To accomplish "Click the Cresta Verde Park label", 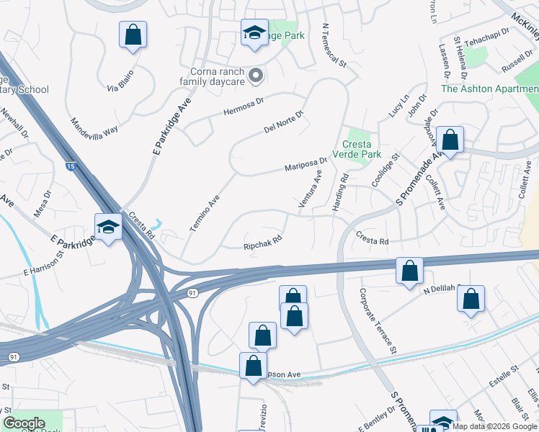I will [356, 149].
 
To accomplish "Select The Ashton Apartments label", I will [489, 89].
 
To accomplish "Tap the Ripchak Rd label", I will [262, 245].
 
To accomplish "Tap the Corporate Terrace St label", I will [379, 320].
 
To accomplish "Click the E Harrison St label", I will [44, 263].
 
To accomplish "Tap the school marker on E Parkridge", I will [109, 228].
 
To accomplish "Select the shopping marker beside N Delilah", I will [471, 300].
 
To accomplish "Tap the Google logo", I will [24, 423].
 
